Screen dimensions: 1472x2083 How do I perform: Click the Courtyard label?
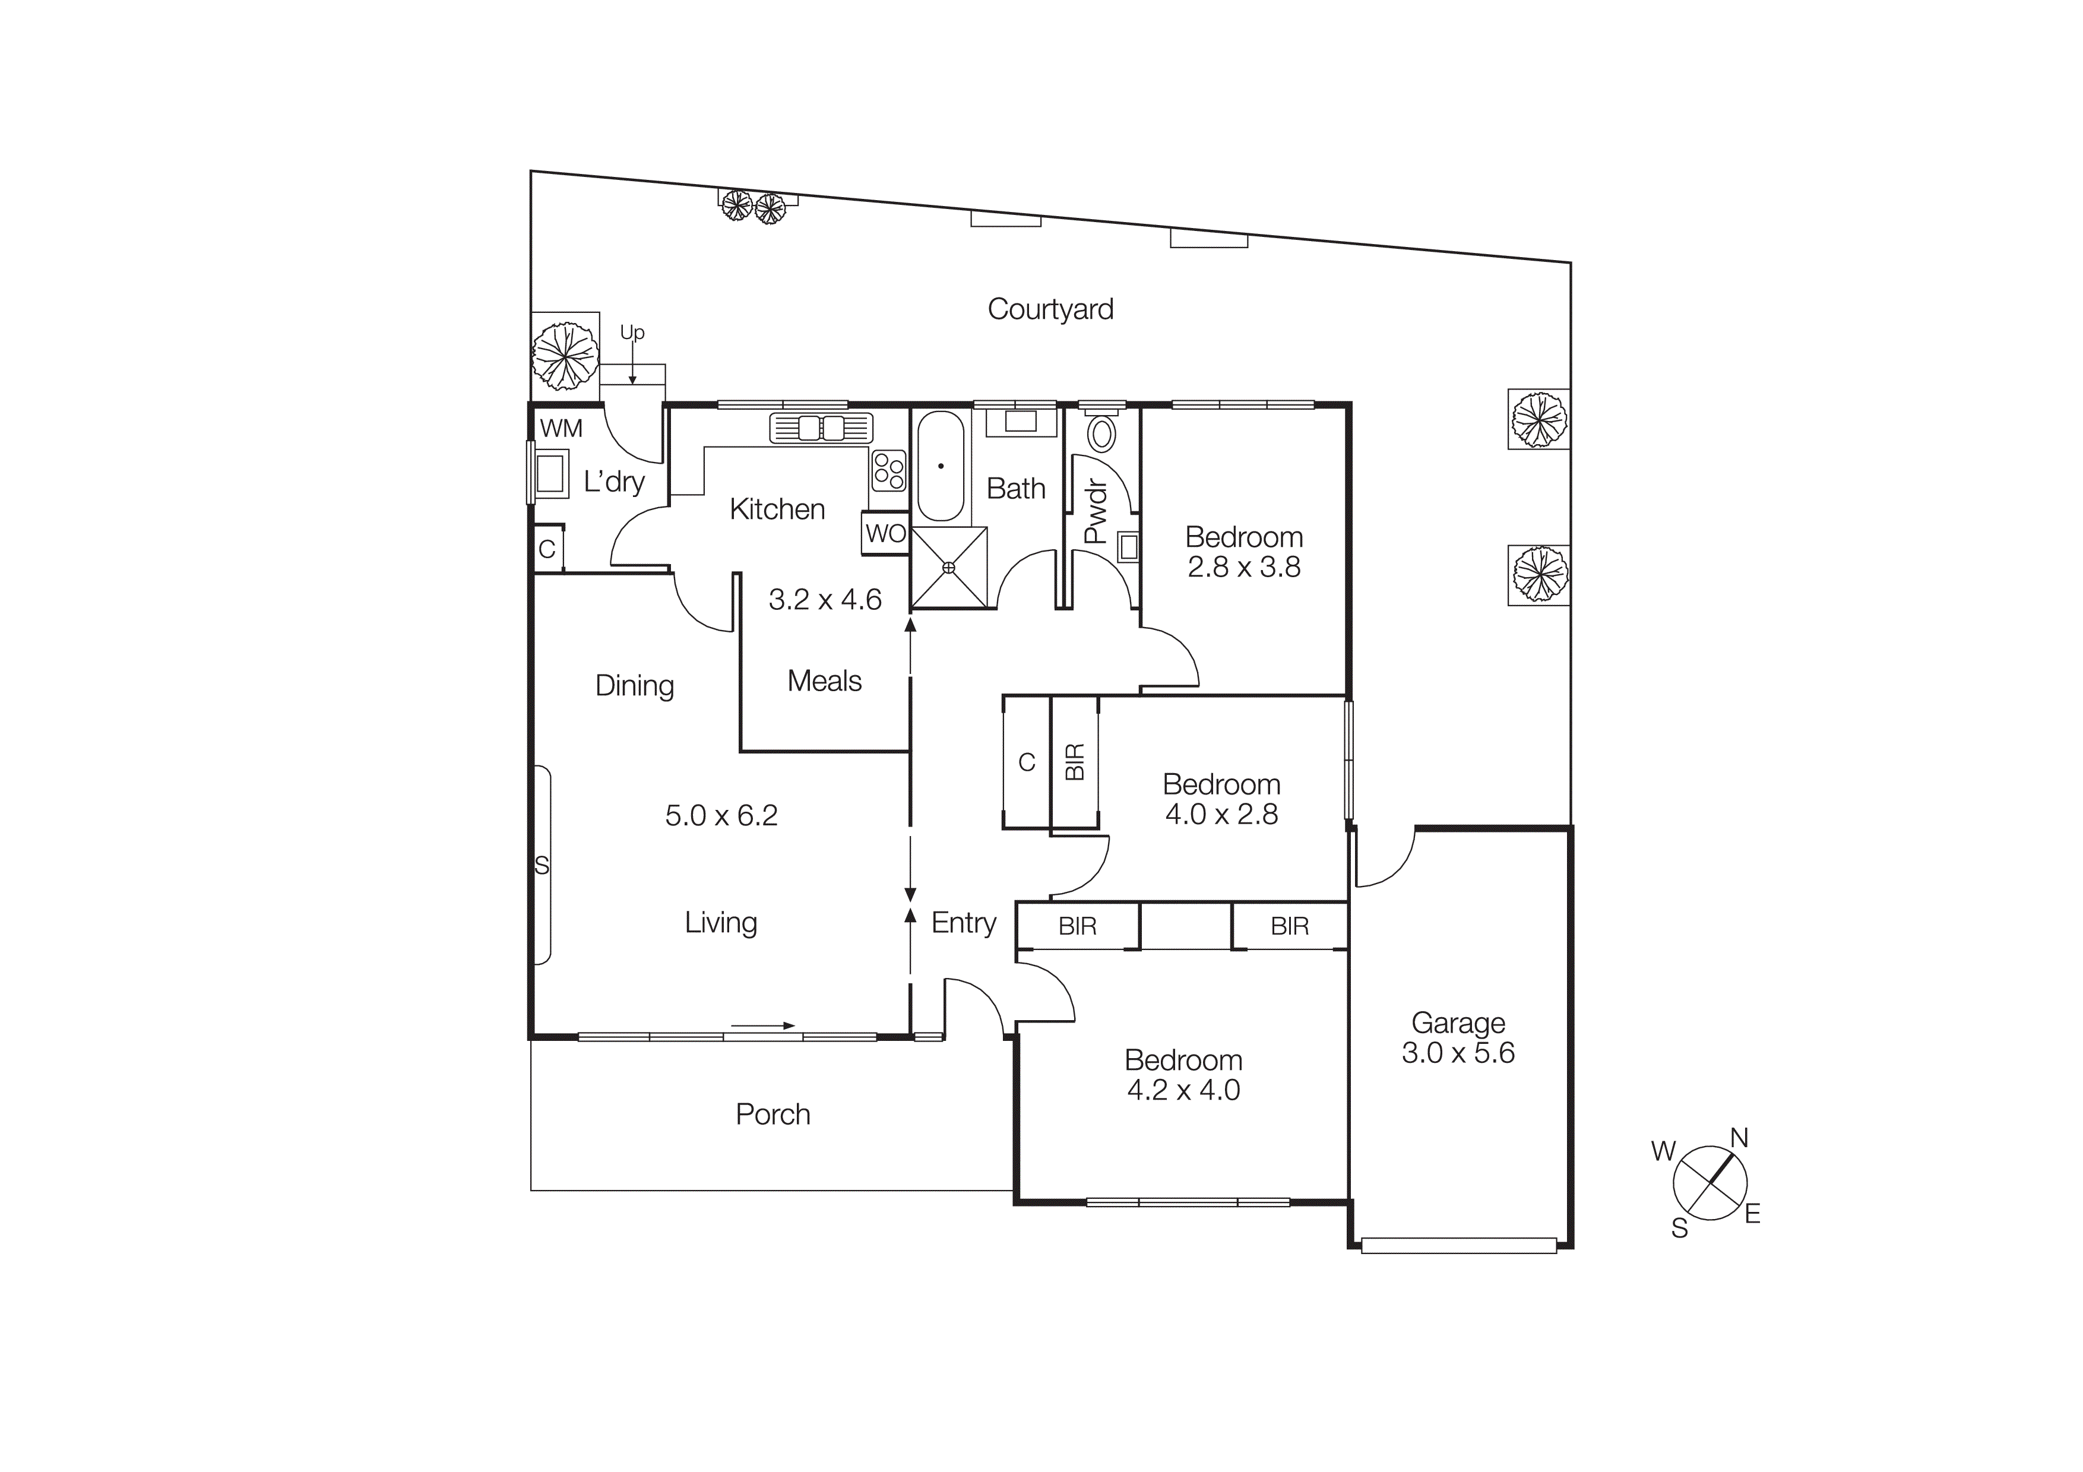pos(1050,309)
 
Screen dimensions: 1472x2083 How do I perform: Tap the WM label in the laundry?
pos(561,428)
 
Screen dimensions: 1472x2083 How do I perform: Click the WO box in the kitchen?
pos(885,533)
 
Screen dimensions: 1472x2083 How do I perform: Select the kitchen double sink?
pos(821,428)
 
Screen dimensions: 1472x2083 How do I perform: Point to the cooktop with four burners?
pos(888,470)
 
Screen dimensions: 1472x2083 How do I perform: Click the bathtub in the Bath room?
pos(941,466)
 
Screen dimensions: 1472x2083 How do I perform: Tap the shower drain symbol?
pos(949,568)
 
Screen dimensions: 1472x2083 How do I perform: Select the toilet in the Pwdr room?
pos(1101,433)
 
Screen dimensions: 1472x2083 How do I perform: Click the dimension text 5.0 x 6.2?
pos(721,815)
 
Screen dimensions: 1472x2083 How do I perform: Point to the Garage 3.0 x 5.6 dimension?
pos(1458,1052)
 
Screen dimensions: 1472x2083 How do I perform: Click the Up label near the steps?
pos(632,333)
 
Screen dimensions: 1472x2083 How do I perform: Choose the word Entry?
pos(964,922)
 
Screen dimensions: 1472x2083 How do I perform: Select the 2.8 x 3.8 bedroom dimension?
pos(1244,567)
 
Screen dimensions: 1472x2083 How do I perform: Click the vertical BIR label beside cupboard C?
pos(1074,762)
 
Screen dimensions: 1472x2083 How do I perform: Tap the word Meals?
pos(824,680)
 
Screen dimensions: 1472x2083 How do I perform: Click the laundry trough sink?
pos(550,473)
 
